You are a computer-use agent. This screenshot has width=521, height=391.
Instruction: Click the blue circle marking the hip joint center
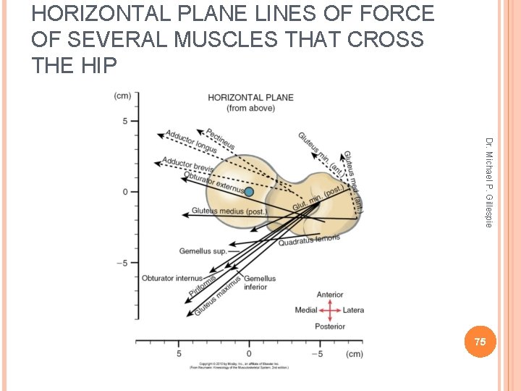pyautogui.click(x=249, y=192)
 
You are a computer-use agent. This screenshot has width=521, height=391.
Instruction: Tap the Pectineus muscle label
pyautogui.click(x=221, y=140)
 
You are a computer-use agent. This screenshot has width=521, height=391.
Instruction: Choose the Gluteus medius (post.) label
pyautogui.click(x=229, y=211)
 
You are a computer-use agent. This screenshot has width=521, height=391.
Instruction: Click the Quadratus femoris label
pyautogui.click(x=309, y=240)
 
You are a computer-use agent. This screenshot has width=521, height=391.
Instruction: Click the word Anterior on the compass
pyautogui.click(x=330, y=295)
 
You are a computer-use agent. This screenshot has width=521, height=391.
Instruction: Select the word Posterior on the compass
pyautogui.click(x=330, y=327)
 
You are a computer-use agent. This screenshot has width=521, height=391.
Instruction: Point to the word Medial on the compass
pyautogui.click(x=306, y=311)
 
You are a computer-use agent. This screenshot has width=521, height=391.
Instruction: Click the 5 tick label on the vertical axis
pyautogui.click(x=124, y=121)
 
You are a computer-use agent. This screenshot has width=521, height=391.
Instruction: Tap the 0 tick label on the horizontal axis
pyautogui.click(x=249, y=354)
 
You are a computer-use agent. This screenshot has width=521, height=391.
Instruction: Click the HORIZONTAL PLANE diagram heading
pyautogui.click(x=250, y=98)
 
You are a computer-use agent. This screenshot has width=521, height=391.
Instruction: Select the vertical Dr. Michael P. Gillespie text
pyautogui.click(x=489, y=182)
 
